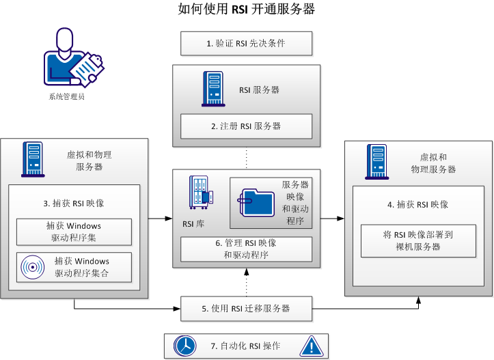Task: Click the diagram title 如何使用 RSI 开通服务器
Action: (247, 10)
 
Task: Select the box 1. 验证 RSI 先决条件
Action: (246, 43)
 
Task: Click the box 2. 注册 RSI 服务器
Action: (246, 126)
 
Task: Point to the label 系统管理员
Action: (67, 96)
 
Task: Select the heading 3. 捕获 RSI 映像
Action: (73, 203)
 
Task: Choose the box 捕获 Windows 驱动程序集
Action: (74, 231)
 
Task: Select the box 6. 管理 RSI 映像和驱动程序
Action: (246, 249)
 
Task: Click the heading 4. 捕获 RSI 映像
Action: (417, 204)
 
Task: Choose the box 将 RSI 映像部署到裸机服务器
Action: (417, 240)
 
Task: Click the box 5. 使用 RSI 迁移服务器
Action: (246, 308)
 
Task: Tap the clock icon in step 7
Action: (184, 346)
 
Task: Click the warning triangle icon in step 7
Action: (310, 346)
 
